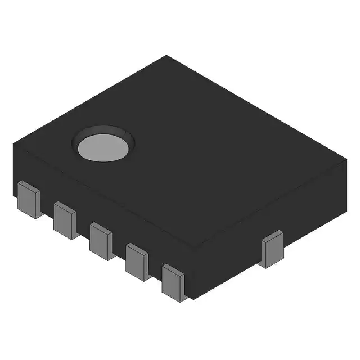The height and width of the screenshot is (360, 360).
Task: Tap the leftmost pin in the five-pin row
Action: tap(29, 199)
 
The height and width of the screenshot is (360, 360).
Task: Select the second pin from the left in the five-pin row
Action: tap(65, 220)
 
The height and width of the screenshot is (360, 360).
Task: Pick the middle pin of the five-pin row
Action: tap(101, 241)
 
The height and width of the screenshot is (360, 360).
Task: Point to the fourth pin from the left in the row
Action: tap(137, 262)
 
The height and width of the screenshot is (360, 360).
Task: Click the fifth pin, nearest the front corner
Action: tap(173, 282)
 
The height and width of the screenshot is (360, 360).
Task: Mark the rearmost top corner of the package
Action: tap(166, 55)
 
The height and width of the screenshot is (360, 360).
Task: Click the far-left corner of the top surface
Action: tap(13, 145)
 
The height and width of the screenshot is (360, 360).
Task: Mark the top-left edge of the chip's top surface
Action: tap(90, 100)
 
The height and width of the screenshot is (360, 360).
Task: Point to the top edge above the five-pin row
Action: tap(104, 196)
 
